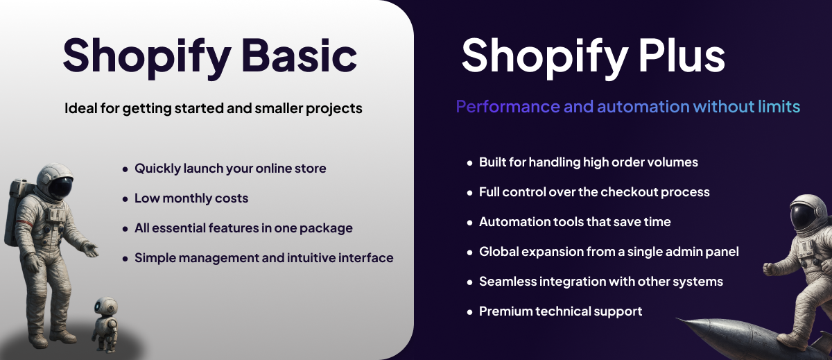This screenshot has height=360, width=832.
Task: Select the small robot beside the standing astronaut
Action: (x=105, y=322)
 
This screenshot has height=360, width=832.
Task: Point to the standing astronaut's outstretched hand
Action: (x=89, y=248)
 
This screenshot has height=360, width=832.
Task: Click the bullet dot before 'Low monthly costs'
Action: (x=125, y=199)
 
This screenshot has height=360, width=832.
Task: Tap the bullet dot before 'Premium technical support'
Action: (x=469, y=312)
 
